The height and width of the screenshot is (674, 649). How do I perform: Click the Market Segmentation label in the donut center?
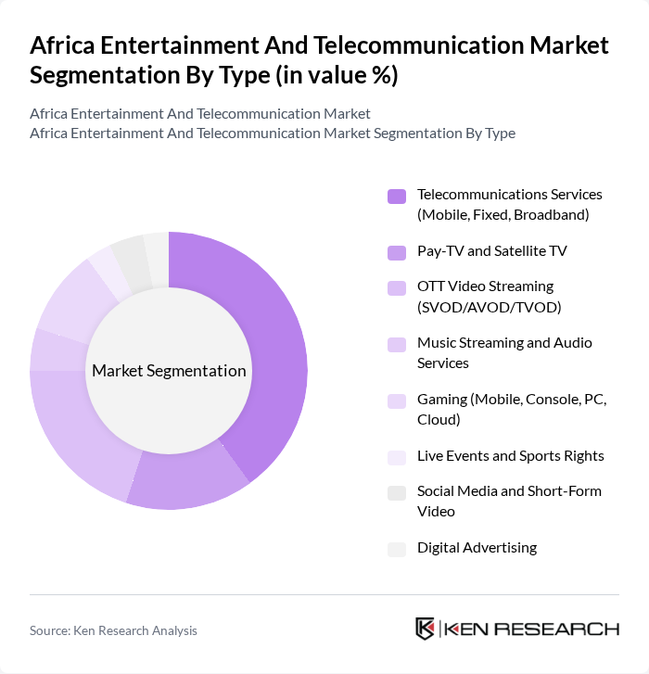[169, 371]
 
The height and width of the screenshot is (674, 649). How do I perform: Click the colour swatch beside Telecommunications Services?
[397, 196]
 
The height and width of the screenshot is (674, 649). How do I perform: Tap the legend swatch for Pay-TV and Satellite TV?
[397, 251]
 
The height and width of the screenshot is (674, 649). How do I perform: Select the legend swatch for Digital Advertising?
[397, 548]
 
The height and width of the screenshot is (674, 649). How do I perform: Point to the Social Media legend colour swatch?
[397, 492]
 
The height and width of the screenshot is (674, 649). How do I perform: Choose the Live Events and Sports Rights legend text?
[510, 455]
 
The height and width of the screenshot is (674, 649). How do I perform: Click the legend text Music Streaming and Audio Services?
[503, 352]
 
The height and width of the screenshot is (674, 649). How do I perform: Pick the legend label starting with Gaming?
[511, 409]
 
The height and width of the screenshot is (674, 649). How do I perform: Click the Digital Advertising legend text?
[477, 547]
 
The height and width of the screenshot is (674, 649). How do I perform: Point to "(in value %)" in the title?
[341, 75]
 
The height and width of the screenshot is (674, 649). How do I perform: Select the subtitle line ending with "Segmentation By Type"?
[272, 133]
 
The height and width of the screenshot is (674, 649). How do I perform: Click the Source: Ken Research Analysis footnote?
[113, 630]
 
